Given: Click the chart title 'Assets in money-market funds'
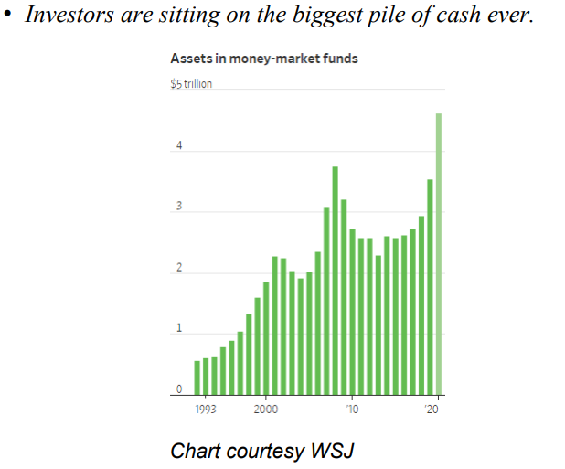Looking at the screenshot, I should pos(263,59).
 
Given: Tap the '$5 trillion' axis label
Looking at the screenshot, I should pos(190,84).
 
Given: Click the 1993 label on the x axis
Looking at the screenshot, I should pos(206,409).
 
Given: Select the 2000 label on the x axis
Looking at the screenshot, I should pos(266,409).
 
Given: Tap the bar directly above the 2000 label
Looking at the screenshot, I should pos(266,338).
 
